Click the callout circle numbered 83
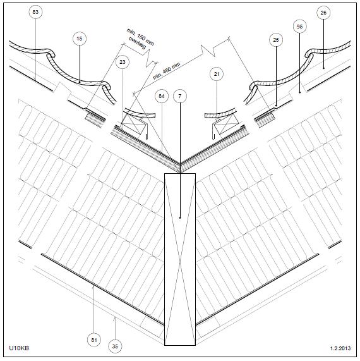[35, 12]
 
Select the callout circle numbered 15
[80, 39]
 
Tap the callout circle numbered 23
[123, 62]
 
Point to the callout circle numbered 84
[162, 96]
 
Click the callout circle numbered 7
[180, 96]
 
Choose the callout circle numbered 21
[217, 74]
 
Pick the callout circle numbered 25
[276, 40]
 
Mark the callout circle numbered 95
[299, 27]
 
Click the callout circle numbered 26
[323, 13]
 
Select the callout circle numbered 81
[94, 340]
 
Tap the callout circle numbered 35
[115, 346]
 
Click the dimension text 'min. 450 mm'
[167, 71]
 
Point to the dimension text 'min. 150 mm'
[140, 37]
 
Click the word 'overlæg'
[137, 43]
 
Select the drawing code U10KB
[19, 348]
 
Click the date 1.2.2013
[340, 348]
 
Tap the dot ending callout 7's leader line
[180, 217]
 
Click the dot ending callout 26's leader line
[323, 68]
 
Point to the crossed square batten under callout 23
[132, 125]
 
